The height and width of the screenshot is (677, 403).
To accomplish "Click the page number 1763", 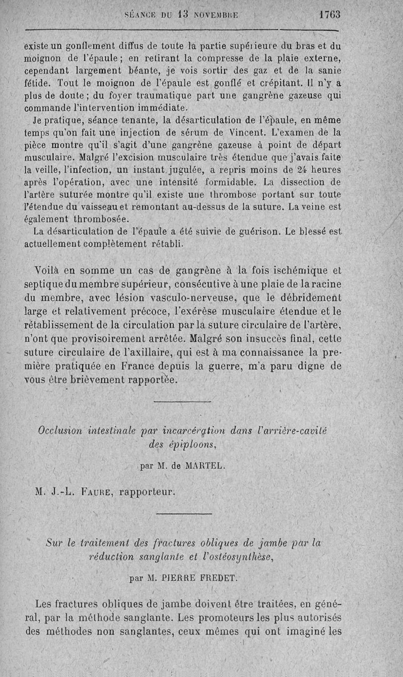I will point(330,15).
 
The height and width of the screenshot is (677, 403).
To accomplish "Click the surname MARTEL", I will point(201,466).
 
